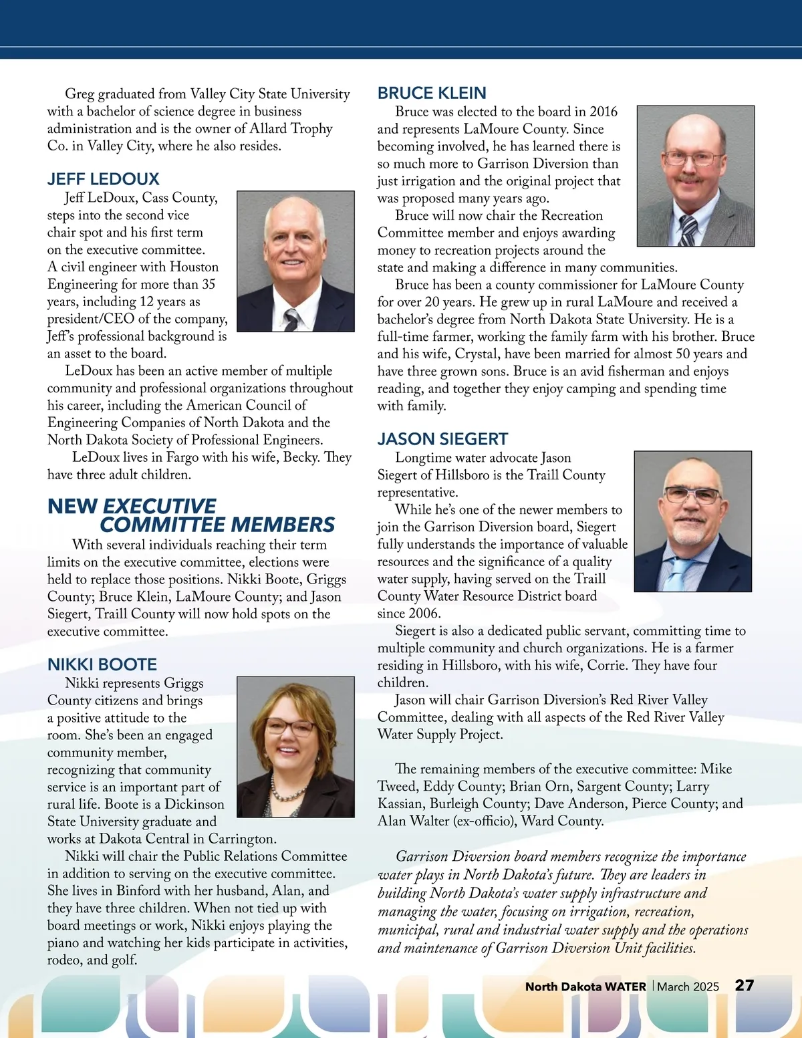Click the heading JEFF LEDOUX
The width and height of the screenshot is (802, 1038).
(x=104, y=179)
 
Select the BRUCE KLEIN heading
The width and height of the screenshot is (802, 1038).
(x=432, y=93)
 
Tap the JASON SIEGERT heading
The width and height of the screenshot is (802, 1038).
(x=442, y=439)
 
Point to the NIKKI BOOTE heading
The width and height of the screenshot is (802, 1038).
(x=102, y=664)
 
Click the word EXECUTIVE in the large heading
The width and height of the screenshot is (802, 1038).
(x=160, y=506)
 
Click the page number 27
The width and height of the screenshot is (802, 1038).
(x=745, y=985)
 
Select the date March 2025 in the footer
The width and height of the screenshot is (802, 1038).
(x=688, y=987)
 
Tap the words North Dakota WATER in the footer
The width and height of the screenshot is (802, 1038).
(x=585, y=987)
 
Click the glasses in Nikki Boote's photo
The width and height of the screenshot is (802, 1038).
(x=291, y=727)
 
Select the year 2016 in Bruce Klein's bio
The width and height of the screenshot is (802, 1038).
(x=604, y=112)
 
